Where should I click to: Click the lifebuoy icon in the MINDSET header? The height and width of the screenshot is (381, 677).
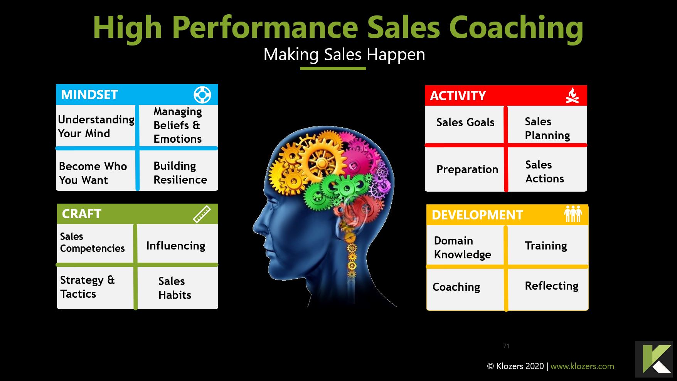(202, 95)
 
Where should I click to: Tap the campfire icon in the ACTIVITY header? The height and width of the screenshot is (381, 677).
(572, 96)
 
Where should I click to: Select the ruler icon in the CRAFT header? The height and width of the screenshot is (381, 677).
(202, 214)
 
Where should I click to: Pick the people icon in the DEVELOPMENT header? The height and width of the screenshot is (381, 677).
(573, 214)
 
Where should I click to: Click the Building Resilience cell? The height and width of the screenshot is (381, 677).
(180, 173)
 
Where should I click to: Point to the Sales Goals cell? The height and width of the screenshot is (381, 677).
(465, 123)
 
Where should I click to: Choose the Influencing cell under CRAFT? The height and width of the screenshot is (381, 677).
(176, 246)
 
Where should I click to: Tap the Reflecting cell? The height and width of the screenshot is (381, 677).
(551, 286)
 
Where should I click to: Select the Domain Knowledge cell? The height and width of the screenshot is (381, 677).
(463, 248)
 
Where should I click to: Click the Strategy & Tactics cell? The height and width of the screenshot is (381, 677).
(88, 287)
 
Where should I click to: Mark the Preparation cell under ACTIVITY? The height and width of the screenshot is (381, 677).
(467, 169)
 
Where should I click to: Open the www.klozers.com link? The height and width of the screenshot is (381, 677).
(582, 366)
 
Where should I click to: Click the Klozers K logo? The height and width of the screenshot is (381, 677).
(654, 359)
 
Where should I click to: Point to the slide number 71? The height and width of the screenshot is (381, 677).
(506, 346)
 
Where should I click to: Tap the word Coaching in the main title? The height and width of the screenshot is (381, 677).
(516, 28)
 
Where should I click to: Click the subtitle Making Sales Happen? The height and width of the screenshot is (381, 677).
(344, 55)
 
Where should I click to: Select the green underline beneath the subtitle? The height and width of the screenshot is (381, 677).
(333, 69)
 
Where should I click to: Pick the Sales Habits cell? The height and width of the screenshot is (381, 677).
(175, 288)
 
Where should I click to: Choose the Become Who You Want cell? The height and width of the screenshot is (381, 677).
(93, 173)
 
